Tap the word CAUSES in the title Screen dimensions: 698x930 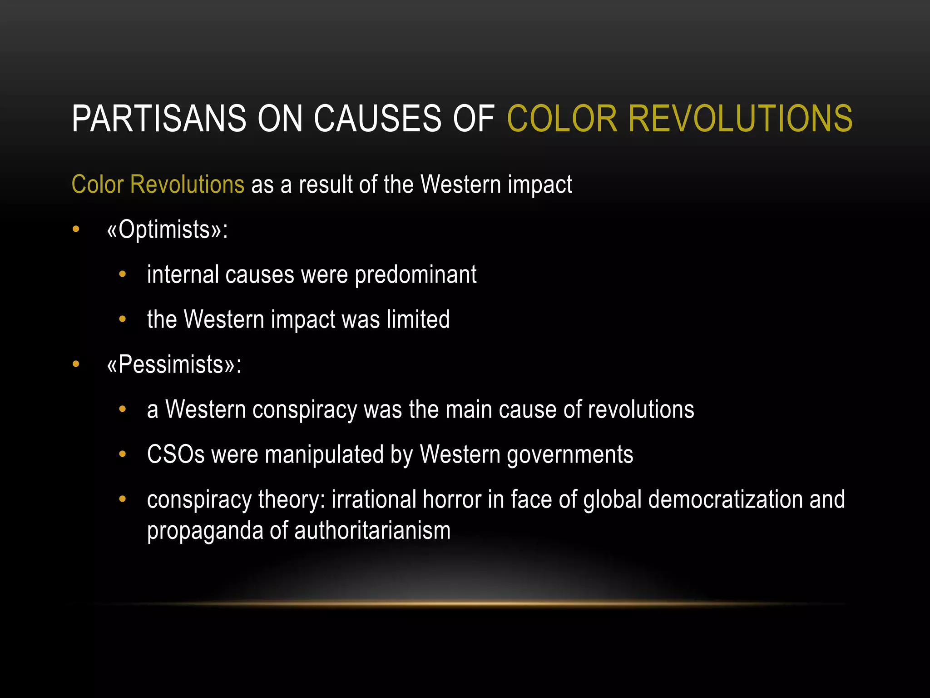point(377,119)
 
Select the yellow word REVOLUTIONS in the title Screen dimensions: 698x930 point(740,119)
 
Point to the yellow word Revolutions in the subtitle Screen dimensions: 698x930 point(187,184)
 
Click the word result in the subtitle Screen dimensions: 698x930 point(325,184)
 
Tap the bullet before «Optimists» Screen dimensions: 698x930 point(76,229)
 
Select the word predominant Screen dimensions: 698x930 point(415,275)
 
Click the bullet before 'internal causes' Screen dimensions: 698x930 point(122,274)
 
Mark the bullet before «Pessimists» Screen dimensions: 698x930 point(76,364)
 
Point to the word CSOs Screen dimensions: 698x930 point(176,454)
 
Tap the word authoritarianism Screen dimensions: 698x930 point(372,531)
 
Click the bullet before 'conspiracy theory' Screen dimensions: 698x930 point(122,499)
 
